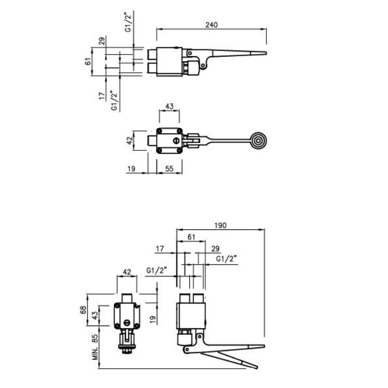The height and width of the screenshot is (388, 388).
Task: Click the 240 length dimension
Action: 212,25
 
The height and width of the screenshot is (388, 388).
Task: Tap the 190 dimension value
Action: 221,225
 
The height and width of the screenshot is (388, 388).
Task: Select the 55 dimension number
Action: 169,169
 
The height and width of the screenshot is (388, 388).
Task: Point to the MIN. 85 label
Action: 95,347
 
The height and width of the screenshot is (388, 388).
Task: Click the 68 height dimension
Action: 83,310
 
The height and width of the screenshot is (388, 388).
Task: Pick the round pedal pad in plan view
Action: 258,141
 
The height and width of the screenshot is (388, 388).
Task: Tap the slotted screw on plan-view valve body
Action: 176,141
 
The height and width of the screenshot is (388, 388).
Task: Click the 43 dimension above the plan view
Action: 169,107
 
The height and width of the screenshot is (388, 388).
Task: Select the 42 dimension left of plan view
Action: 130,140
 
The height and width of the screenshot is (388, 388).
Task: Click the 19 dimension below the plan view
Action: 132,169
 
